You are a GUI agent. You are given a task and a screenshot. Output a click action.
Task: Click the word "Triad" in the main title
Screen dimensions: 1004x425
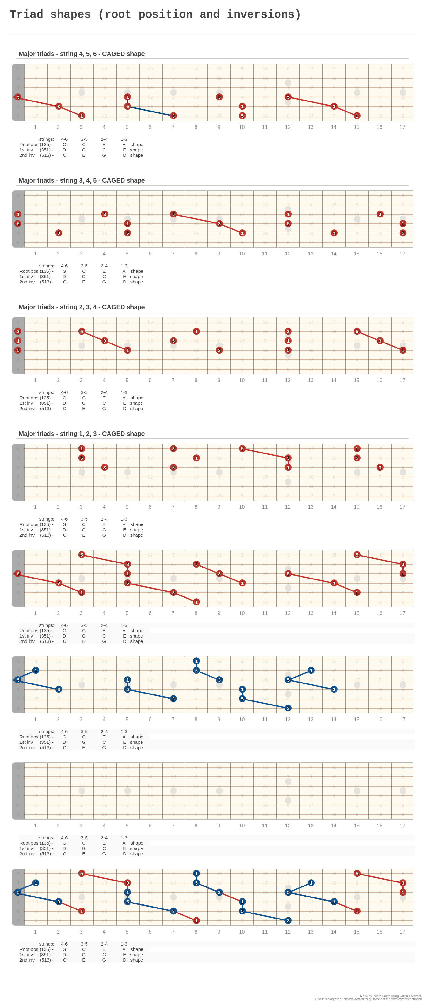(x=26, y=14)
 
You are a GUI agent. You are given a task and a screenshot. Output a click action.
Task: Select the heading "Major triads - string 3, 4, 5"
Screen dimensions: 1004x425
(x=81, y=180)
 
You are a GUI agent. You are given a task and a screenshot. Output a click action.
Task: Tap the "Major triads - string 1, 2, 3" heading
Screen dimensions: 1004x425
(x=81, y=434)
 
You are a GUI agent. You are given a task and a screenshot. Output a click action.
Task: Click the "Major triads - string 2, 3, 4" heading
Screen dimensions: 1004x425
(x=81, y=307)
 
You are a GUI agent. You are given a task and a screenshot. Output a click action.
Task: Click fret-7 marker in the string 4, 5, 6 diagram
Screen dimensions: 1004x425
(x=174, y=116)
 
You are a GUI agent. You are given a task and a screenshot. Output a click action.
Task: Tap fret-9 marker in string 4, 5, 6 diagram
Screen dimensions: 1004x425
(x=219, y=97)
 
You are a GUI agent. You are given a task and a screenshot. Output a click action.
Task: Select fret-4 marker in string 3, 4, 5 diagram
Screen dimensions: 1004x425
(x=104, y=214)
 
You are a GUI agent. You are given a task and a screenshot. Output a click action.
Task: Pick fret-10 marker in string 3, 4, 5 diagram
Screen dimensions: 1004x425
(x=242, y=233)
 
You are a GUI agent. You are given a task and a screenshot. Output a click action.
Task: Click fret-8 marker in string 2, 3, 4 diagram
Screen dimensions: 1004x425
(x=196, y=331)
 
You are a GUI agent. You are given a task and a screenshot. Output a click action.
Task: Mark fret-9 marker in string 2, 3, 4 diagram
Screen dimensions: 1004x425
(x=219, y=350)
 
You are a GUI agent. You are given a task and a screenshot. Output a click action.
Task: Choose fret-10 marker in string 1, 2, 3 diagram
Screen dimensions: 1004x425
(x=242, y=449)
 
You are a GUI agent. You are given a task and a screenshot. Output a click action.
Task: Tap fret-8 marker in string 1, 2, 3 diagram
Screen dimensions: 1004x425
(x=196, y=458)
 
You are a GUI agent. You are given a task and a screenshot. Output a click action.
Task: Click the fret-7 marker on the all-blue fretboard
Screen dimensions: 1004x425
(x=174, y=699)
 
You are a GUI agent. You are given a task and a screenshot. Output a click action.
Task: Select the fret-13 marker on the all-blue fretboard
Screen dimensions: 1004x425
(x=311, y=670)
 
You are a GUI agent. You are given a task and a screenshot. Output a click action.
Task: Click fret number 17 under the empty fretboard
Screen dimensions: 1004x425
(x=402, y=826)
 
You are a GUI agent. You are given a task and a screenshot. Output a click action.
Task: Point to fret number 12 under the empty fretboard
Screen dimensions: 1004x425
(x=288, y=826)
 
